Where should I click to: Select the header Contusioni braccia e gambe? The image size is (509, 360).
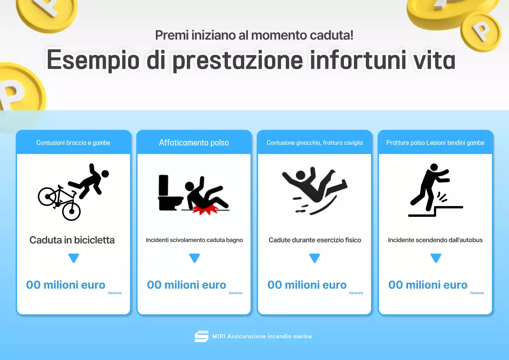click(73, 142)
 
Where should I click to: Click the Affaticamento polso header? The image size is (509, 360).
click(194, 142)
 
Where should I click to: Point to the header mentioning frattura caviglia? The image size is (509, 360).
click(315, 142)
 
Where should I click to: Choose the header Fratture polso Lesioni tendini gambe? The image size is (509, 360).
click(435, 142)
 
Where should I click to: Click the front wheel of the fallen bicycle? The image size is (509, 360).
click(72, 211)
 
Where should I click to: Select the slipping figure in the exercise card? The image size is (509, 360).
click(314, 189)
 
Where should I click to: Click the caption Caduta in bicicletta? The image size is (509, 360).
click(72, 240)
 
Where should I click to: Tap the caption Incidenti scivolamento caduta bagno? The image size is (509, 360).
click(194, 240)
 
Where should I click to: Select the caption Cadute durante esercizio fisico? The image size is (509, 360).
click(315, 240)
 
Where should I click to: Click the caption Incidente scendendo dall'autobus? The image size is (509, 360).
click(435, 240)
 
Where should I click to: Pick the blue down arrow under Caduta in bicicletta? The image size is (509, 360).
click(74, 258)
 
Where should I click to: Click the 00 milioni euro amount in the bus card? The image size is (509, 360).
click(427, 285)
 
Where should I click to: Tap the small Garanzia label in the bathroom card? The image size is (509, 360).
click(235, 293)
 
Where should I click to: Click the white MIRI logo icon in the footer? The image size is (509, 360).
click(201, 336)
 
